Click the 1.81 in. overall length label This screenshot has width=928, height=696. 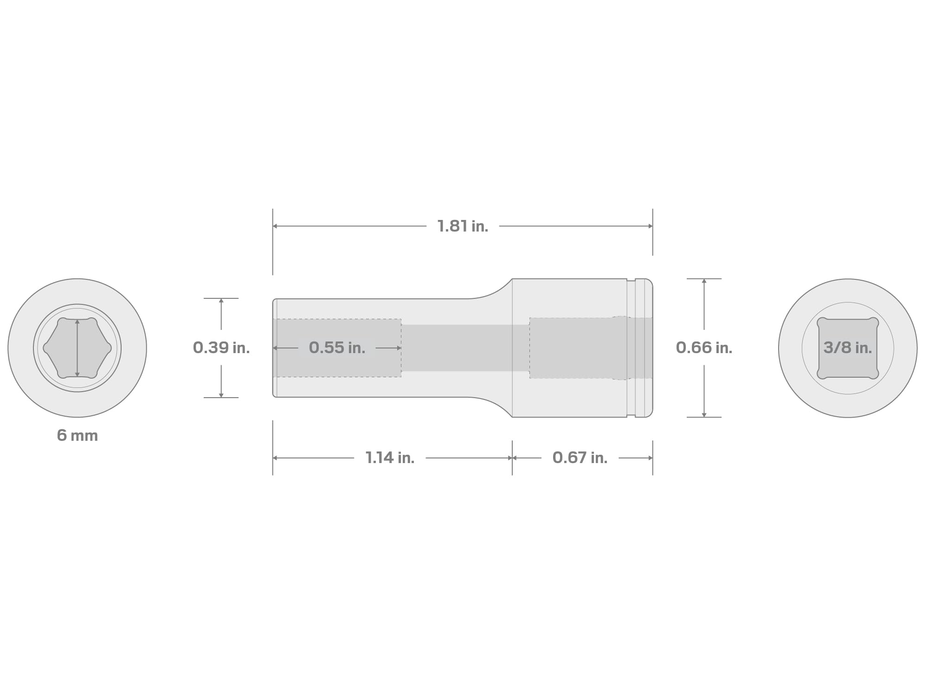pos(463,226)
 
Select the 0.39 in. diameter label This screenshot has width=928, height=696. pos(221,348)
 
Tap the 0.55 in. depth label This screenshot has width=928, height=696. pos(337,348)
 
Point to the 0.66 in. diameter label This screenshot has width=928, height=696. pos(704,348)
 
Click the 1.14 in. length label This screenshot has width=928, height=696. pos(390,458)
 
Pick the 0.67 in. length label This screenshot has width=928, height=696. pos(580,458)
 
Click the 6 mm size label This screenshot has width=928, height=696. pos(77,435)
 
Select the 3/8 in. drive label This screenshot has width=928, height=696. pos(847,348)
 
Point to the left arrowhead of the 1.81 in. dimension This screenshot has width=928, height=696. pos(275,226)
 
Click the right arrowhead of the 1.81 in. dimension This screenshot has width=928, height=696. pos(651,226)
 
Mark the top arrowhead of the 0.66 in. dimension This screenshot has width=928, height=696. pos(704,281)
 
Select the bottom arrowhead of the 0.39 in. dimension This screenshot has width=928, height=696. pos(221,395)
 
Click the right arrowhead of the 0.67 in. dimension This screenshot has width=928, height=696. pos(651,458)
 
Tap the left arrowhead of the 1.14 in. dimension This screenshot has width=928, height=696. pos(275,458)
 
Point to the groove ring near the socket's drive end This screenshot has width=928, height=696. pos(631,348)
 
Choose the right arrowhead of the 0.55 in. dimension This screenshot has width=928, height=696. pos(399,348)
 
